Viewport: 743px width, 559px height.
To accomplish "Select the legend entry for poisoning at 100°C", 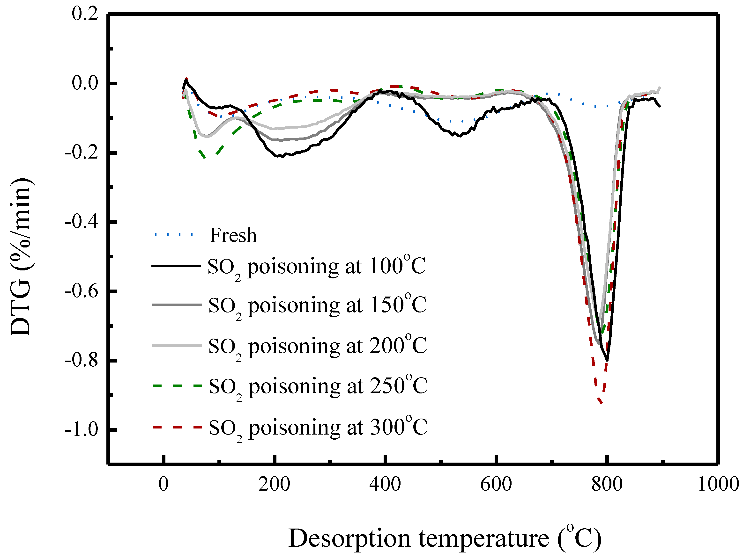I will coord(316,267).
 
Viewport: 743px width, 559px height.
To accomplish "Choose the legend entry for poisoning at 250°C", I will coord(318,387).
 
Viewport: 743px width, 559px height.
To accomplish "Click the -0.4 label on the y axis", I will coord(81,222).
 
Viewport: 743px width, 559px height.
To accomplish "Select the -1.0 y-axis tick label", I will coord(81,429).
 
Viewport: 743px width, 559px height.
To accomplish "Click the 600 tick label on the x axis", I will coord(496,485).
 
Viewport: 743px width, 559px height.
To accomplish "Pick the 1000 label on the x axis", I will coord(718,485).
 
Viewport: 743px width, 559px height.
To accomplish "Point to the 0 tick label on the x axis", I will coord(163,485).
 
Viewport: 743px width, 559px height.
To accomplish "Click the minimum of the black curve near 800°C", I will coord(607,361).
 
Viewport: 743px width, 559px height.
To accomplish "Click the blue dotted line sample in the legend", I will coord(174,235).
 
